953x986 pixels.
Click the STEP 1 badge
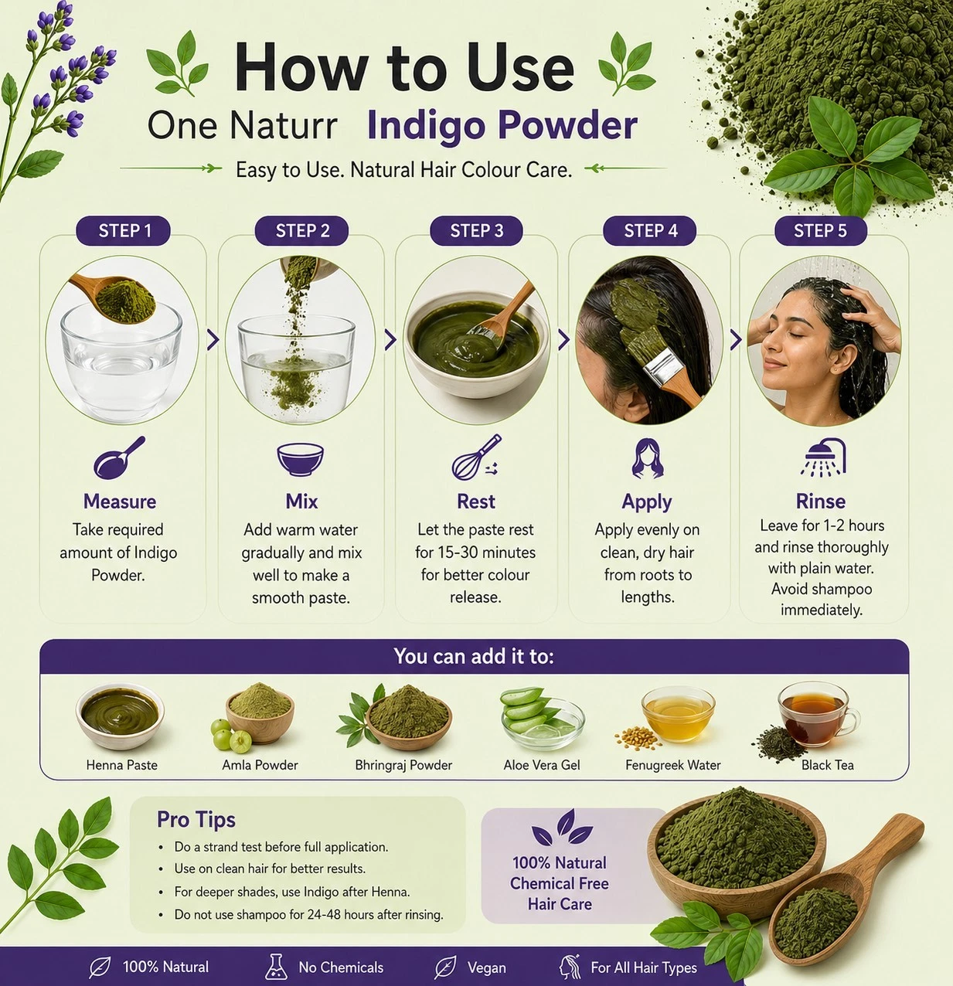point(123,231)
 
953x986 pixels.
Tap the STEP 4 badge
point(650,231)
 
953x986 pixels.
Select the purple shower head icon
point(823,457)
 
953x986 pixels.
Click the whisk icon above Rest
point(476,457)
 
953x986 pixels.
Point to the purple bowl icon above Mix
point(300,460)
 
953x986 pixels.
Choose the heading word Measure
point(120,501)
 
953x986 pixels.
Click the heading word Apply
point(647,502)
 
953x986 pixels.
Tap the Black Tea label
point(827,764)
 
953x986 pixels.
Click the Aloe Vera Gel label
point(541,764)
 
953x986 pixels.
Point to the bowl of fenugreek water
point(678,714)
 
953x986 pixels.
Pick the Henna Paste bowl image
point(120,716)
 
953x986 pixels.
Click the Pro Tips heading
point(196,819)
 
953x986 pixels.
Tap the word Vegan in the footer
point(487,967)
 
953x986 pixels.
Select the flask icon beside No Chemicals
point(276,967)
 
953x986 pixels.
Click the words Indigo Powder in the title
point(502,126)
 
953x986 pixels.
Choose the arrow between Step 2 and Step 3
point(390,340)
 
